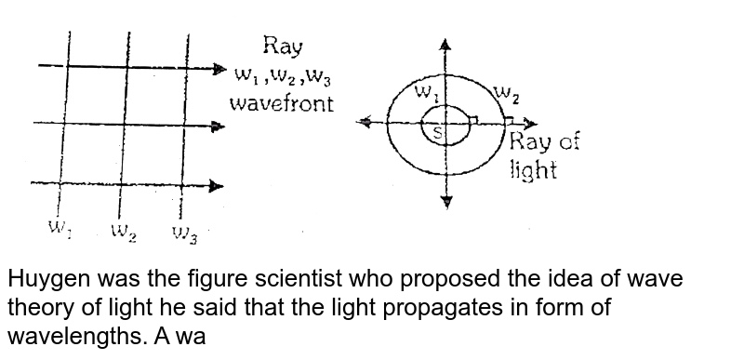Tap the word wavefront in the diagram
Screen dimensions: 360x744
(283, 102)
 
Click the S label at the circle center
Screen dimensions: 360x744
(438, 133)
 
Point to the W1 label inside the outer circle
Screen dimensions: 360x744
(427, 92)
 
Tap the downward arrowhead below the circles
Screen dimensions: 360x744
(447, 200)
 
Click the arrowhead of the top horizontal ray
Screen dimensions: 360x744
(219, 68)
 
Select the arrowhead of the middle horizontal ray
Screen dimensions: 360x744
(219, 125)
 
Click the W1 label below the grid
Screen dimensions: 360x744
(60, 228)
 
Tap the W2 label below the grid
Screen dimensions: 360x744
(125, 230)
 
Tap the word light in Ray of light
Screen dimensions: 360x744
(534, 171)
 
